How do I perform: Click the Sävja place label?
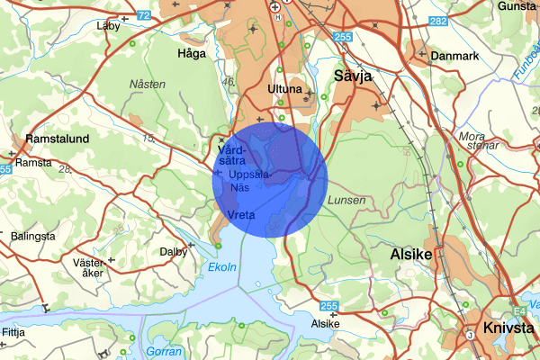pos(353,76)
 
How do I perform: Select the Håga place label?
pos(193,53)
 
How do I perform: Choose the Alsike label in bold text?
pos(411,256)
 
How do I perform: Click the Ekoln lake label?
pos(221,267)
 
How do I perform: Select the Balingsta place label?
pos(33,236)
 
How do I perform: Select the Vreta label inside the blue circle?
pos(242,215)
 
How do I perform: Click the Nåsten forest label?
pos(148,84)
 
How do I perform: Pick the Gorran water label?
pos(164,350)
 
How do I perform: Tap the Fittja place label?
pos(13,332)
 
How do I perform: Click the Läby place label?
pos(107,26)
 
